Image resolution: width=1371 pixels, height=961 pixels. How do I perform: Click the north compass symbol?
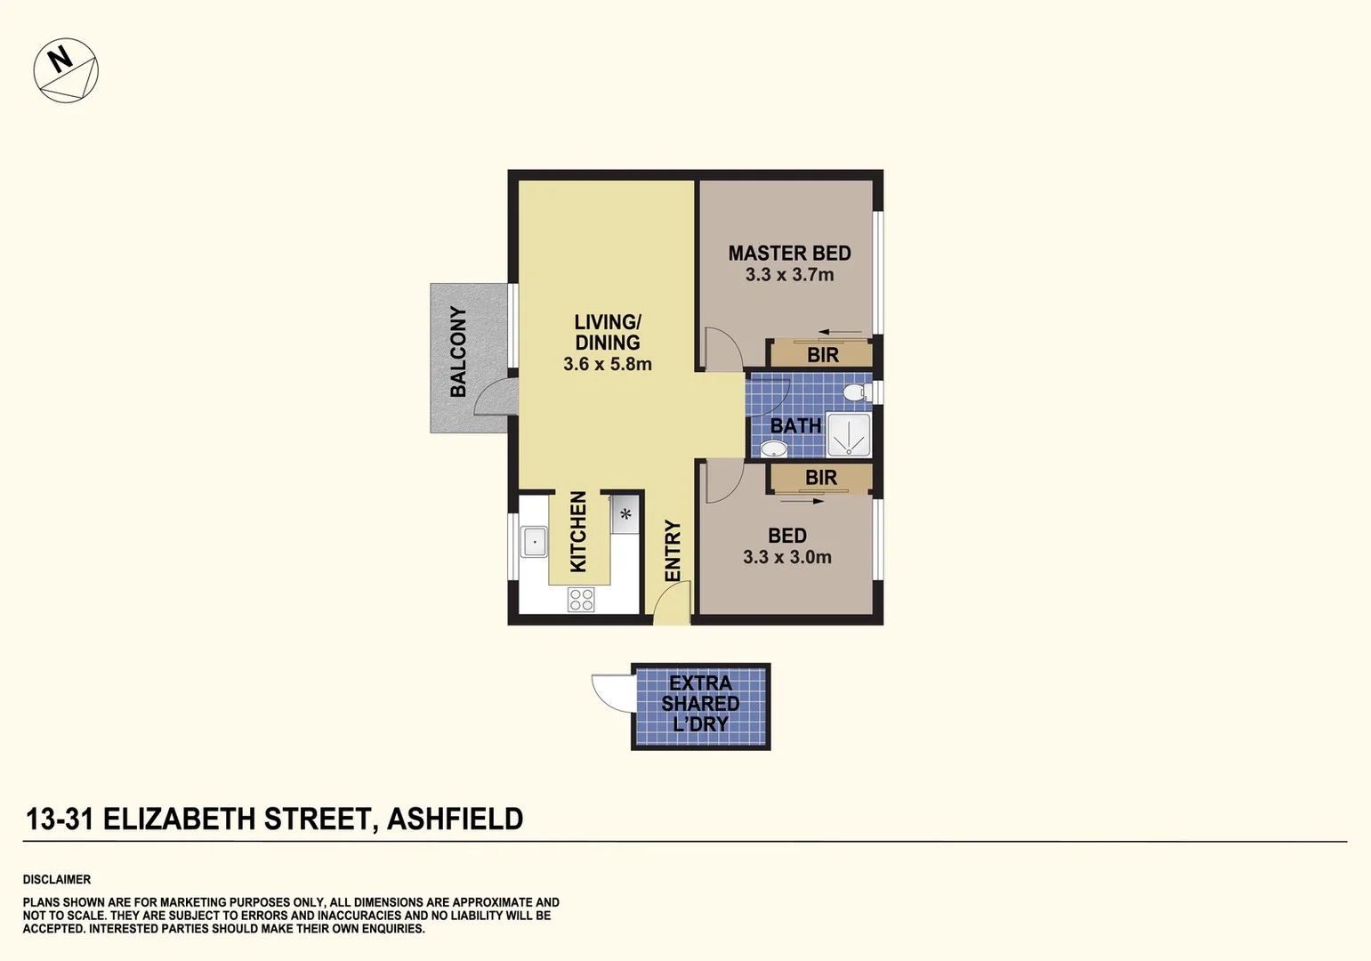tap(66, 70)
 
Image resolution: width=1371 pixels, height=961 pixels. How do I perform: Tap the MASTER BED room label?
tap(789, 254)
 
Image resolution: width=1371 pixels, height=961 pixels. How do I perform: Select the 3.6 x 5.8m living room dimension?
tap(607, 364)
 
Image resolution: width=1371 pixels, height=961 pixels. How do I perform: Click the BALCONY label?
tap(458, 351)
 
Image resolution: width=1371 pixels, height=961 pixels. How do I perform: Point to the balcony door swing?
tap(494, 398)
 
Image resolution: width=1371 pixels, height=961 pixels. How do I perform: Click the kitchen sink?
tap(534, 541)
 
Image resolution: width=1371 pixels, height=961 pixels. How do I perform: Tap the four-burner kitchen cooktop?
tap(581, 600)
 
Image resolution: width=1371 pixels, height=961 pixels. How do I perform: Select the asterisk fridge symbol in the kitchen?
tap(625, 514)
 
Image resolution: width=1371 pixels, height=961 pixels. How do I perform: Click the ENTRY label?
tap(673, 551)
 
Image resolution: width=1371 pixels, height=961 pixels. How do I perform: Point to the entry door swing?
tap(670, 609)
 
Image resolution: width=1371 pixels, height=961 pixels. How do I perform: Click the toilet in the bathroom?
tap(855, 392)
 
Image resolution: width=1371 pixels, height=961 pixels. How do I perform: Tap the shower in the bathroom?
tap(848, 435)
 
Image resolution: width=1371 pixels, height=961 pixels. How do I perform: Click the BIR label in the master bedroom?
tap(822, 355)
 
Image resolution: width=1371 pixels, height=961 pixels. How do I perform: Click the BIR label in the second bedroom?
tap(820, 478)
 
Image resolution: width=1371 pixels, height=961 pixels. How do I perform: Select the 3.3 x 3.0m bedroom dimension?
tap(786, 557)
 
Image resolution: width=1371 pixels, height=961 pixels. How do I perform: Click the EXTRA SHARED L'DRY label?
tap(700, 704)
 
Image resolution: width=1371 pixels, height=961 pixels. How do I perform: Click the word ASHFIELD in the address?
tap(455, 819)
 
